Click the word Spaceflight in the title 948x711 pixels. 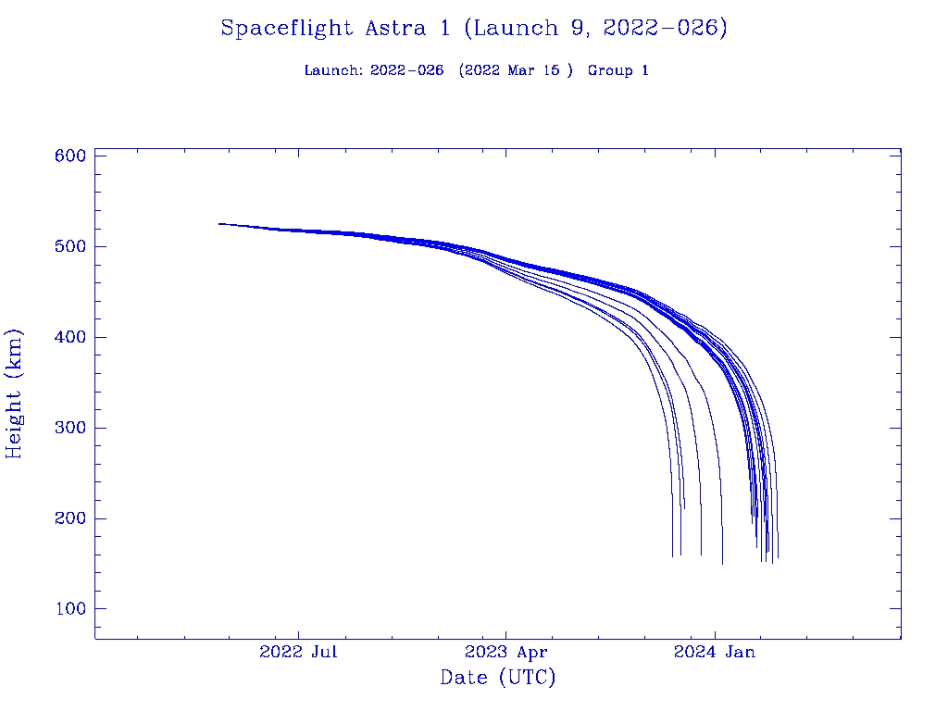pos(287,29)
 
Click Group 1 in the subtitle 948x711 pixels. pos(617,71)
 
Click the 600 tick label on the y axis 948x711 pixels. pos(70,156)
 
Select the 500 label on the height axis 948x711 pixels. pos(70,246)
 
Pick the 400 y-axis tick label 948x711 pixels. pos(70,337)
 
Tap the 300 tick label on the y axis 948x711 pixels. pos(70,428)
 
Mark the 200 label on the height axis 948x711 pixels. pos(70,518)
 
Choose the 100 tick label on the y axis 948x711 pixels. pos(70,609)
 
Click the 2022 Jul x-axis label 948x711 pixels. pos(298,652)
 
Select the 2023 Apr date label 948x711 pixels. pos(506,652)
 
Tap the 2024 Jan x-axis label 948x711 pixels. pos(715,652)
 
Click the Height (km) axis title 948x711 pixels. pos(14,393)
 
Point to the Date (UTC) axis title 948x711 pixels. pos(498,678)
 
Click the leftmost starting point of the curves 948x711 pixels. pos(219,223)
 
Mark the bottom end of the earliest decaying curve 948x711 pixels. pos(672,556)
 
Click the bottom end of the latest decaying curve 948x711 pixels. pos(778,557)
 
